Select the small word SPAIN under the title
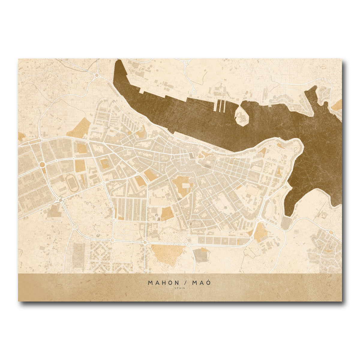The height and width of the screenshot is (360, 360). pos(180,288)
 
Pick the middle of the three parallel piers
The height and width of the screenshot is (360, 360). pos(220,104)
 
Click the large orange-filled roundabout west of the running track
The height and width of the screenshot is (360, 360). pos(42,165)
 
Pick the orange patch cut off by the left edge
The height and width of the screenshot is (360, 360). pos(20,136)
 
